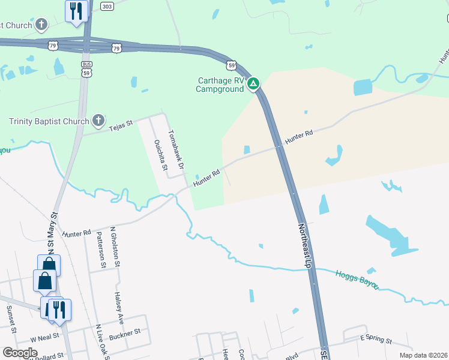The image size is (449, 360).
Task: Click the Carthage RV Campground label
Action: pyautogui.click(x=220, y=85)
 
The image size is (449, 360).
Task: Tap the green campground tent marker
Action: pyautogui.click(x=254, y=83)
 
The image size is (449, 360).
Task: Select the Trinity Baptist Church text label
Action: pyautogui.click(x=49, y=121)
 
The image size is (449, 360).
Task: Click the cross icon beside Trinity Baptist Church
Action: pyautogui.click(x=98, y=121)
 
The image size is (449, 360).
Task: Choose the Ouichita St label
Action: pyautogui.click(x=160, y=155)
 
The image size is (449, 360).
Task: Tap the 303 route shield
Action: pyautogui.click(x=107, y=6)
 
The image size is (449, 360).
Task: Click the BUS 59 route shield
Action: pyautogui.click(x=87, y=68)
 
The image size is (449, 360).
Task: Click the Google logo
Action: pyautogui.click(x=19, y=353)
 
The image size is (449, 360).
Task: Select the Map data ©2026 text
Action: pyautogui.click(x=423, y=355)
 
